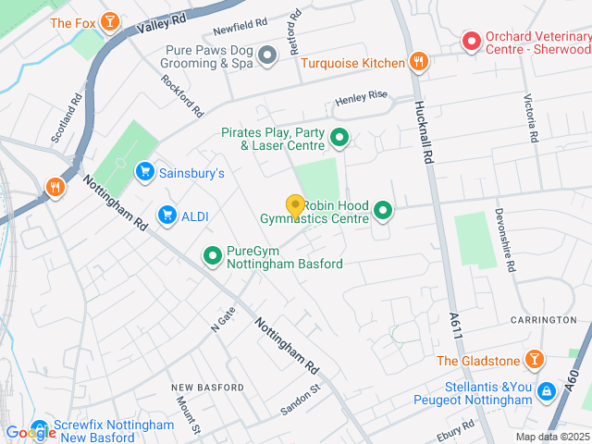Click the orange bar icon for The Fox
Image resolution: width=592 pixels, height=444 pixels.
click(x=110, y=21)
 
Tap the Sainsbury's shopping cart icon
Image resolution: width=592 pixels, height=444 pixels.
click(x=143, y=171)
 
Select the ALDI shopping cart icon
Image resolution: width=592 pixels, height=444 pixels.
click(x=166, y=216)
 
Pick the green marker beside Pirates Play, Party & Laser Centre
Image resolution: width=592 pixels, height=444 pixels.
click(x=339, y=140)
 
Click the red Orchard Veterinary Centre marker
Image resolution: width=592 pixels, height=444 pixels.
click(x=471, y=42)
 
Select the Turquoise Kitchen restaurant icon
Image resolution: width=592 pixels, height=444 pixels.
click(x=418, y=62)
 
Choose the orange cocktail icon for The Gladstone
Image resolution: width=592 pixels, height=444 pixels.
click(x=534, y=359)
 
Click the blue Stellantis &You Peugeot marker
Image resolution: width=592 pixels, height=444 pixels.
click(x=548, y=392)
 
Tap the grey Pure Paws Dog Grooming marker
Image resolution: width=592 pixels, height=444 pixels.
click(x=267, y=56)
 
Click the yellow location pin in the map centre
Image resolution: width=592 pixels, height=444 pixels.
click(x=295, y=206)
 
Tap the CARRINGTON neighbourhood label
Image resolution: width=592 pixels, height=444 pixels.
click(x=544, y=320)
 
